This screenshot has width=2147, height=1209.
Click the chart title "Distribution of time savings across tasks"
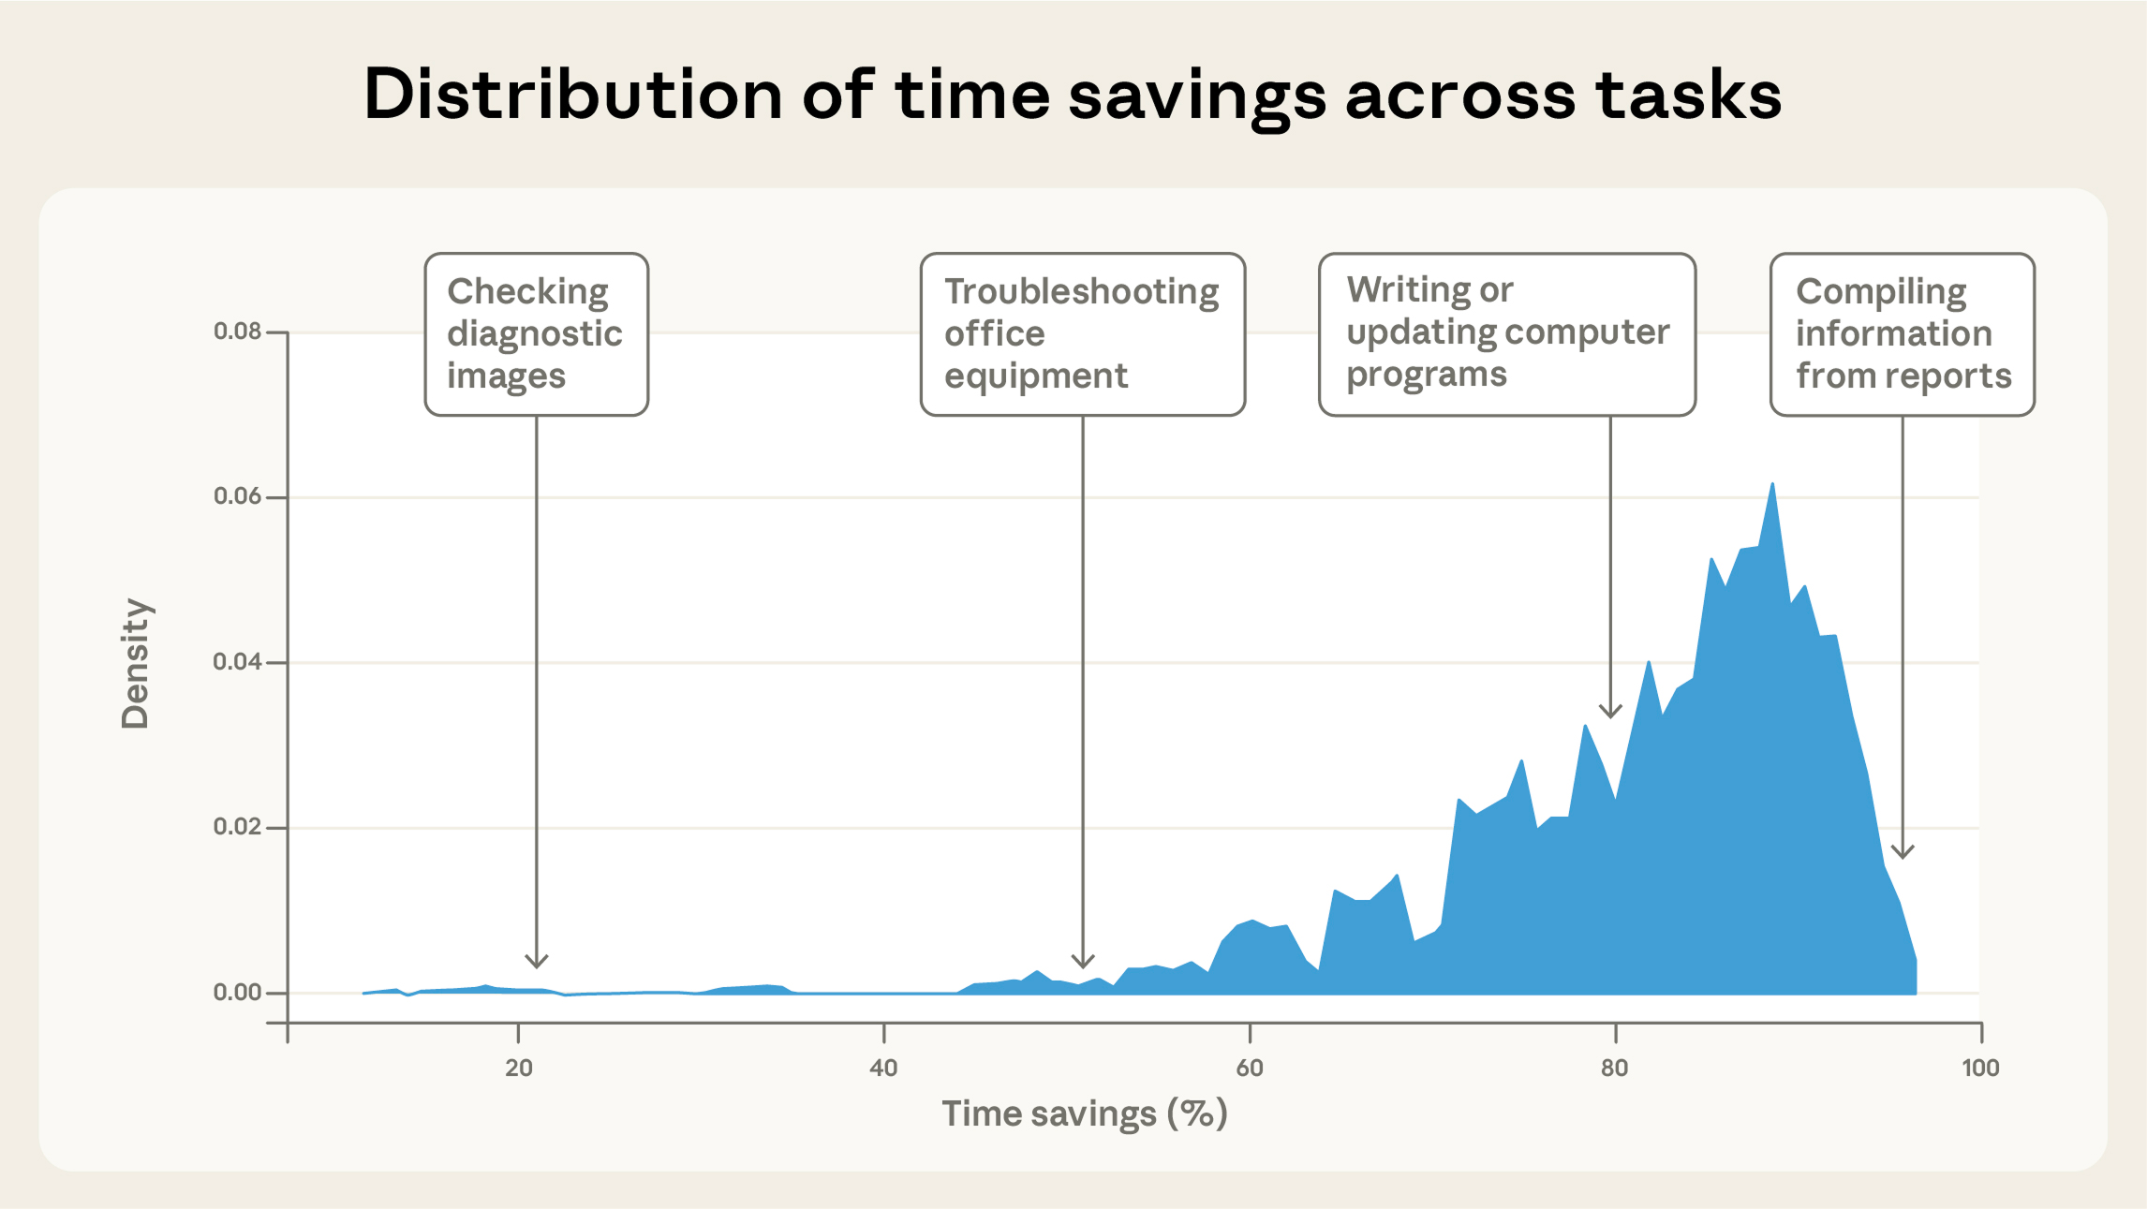coord(1073,95)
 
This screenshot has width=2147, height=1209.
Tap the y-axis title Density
coord(135,663)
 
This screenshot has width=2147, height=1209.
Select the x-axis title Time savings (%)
coord(1084,1113)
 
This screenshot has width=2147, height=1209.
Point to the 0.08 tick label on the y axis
coord(237,332)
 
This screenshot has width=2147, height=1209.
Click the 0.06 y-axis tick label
coord(237,496)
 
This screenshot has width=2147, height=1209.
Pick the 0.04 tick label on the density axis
coord(237,662)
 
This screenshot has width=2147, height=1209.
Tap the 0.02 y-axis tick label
coord(237,827)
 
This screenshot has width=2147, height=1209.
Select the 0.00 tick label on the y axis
coord(237,993)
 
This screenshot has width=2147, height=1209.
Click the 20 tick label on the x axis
coord(518,1068)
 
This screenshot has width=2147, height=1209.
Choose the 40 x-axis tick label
coord(883,1068)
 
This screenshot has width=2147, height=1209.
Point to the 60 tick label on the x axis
coord(1249,1068)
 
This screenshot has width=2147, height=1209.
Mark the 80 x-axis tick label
coord(1614,1068)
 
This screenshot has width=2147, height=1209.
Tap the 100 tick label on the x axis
coord(1979,1068)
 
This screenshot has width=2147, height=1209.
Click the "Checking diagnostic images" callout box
coord(536,334)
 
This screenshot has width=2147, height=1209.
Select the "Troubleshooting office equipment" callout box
coord(1082,334)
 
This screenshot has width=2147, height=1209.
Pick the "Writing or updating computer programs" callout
coord(1506,334)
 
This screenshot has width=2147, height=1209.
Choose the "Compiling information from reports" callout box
coord(1902,334)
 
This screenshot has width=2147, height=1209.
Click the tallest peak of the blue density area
coord(1772,486)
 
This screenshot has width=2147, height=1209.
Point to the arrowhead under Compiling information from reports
coord(1902,853)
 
